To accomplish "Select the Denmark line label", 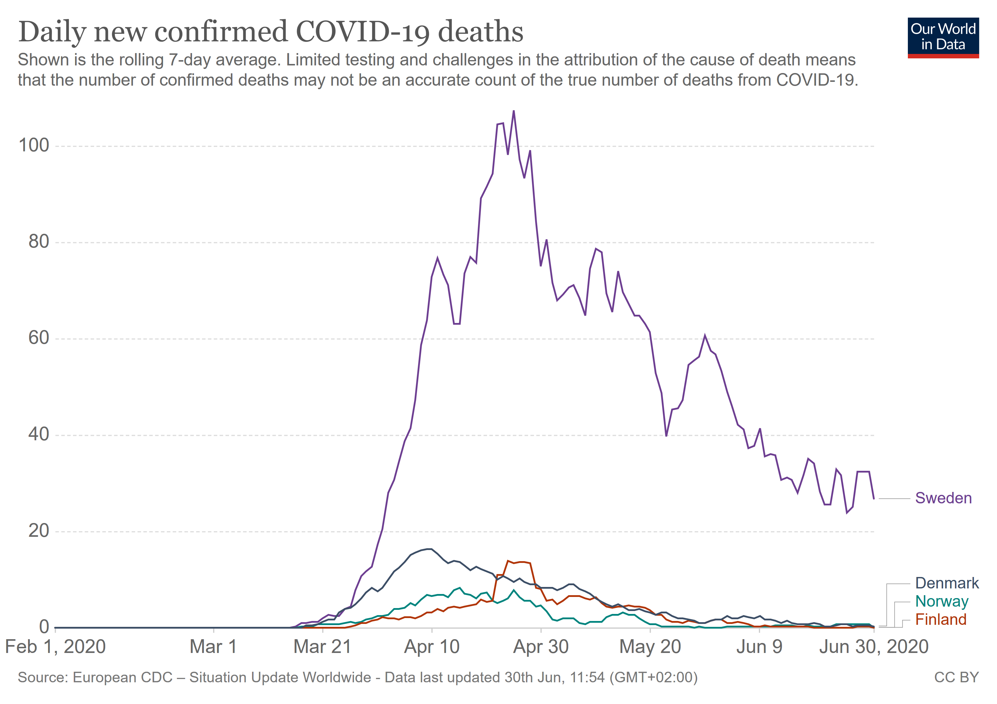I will point(947,583).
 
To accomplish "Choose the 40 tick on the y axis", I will point(39,434).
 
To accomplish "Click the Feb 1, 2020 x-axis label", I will point(56,647).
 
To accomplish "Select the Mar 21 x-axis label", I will point(322,647).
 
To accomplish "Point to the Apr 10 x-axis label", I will point(432,647).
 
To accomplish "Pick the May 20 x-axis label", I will point(650,647).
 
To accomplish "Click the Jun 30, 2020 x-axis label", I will point(874,647).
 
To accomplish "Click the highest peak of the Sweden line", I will point(514,111).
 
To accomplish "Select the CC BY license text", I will point(957,678).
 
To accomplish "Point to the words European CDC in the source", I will point(123,678).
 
